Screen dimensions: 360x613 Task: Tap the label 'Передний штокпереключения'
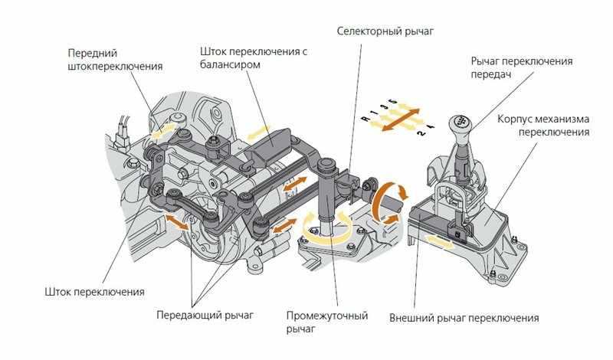tap(115, 60)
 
